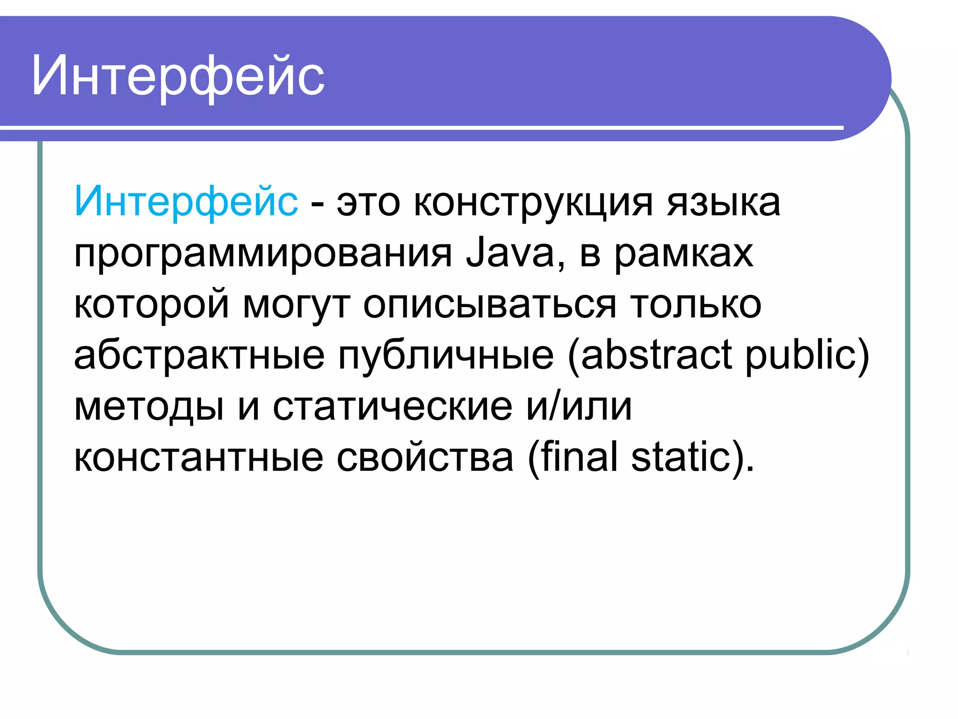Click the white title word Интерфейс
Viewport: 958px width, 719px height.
click(x=178, y=76)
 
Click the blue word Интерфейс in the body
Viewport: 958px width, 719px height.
click(x=186, y=202)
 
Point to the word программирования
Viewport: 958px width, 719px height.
click(x=263, y=254)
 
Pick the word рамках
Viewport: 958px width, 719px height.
click(x=683, y=254)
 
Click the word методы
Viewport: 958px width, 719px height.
click(x=149, y=406)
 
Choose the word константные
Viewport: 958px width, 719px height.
click(x=198, y=457)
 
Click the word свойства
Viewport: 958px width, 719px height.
click(x=425, y=457)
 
